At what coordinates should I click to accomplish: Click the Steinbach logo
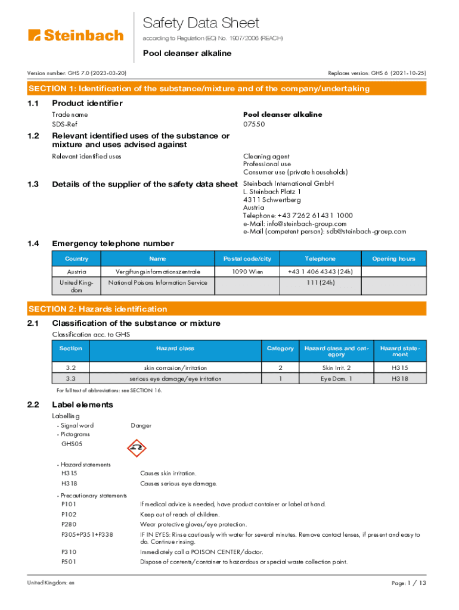[x=76, y=35]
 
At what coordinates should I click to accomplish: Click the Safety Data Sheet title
[x=201, y=23]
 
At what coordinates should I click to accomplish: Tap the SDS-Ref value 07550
[x=254, y=124]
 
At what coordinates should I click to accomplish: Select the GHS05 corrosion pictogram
[x=137, y=448]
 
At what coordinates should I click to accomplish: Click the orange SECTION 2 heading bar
[x=227, y=309]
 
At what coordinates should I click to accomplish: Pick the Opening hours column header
[x=393, y=259]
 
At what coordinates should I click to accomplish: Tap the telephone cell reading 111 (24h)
[x=320, y=282]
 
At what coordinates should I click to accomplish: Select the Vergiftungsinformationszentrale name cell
[x=157, y=272]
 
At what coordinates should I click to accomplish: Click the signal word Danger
[x=141, y=425]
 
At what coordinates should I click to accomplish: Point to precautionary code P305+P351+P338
[x=87, y=535]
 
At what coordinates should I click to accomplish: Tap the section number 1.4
[x=33, y=244]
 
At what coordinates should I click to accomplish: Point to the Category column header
[x=280, y=348]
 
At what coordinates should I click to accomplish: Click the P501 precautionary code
[x=69, y=562]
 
